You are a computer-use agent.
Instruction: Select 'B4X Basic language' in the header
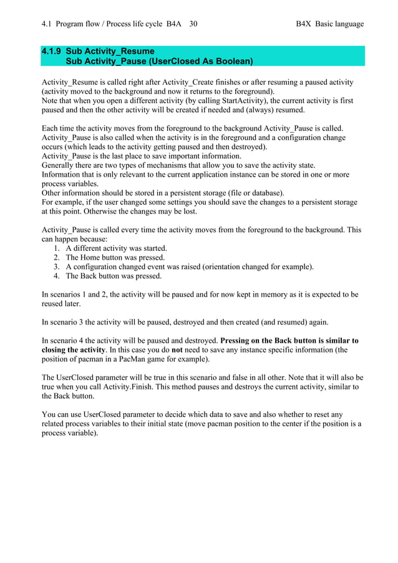329,24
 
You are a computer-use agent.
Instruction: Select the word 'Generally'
59,165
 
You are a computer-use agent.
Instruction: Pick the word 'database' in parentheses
264,193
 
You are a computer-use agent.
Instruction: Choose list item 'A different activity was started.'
116,248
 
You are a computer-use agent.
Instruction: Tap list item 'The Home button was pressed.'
115,258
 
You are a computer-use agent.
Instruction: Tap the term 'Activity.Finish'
138,387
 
